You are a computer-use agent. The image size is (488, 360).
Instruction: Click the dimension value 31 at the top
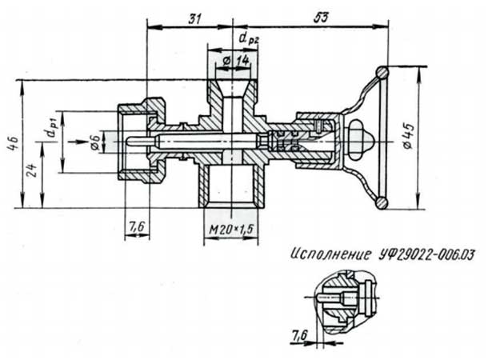194,19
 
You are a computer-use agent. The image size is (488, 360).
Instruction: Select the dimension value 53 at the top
320,18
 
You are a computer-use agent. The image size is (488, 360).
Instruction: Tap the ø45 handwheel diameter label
409,136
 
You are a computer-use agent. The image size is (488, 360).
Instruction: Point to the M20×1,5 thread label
231,230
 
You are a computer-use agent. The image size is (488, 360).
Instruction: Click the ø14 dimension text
237,61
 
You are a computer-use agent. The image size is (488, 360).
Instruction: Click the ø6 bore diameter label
95,143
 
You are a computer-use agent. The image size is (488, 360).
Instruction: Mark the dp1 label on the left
51,128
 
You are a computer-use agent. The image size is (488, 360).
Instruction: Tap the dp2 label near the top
249,38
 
